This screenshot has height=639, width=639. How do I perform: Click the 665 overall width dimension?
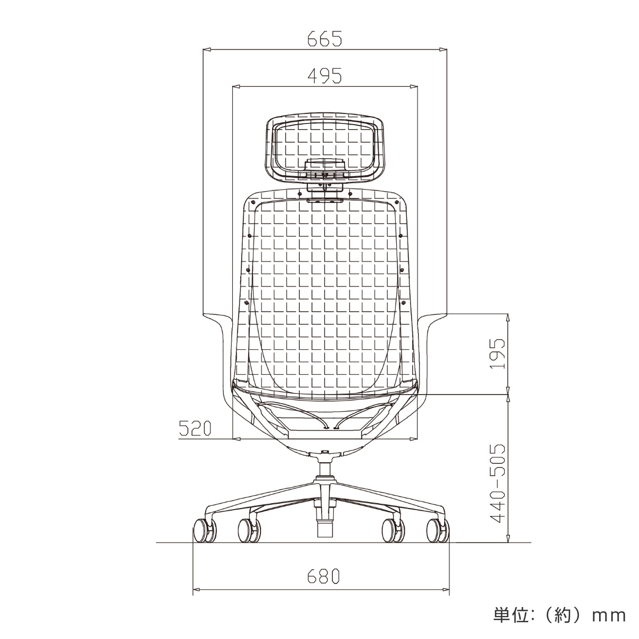324,39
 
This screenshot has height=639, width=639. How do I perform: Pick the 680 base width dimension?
323,577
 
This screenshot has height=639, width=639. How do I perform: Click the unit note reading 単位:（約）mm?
559,616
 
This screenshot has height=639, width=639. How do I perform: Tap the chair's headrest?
324,145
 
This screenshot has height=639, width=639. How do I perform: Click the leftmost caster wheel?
204,531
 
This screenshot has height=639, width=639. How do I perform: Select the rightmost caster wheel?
438,531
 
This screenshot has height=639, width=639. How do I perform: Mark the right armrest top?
432,318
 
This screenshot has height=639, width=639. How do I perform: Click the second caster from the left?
249,530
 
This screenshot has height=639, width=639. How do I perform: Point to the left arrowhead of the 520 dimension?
237,439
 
